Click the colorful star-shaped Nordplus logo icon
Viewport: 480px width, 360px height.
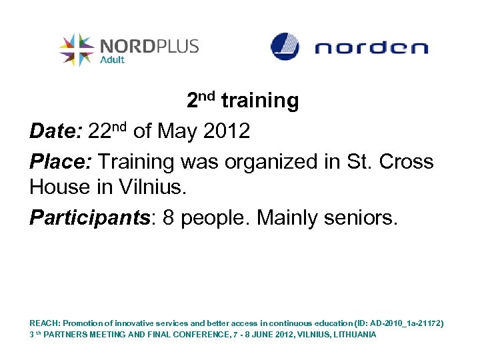tap(77, 49)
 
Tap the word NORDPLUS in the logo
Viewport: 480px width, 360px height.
tap(149, 46)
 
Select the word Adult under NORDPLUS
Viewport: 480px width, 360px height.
tap(112, 59)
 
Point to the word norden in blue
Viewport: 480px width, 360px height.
tap(371, 48)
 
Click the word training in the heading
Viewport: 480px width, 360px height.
tap(259, 101)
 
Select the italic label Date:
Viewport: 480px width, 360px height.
tap(55, 131)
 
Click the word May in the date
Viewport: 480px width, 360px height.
tap(175, 131)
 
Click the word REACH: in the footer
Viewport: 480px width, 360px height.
tap(45, 323)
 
